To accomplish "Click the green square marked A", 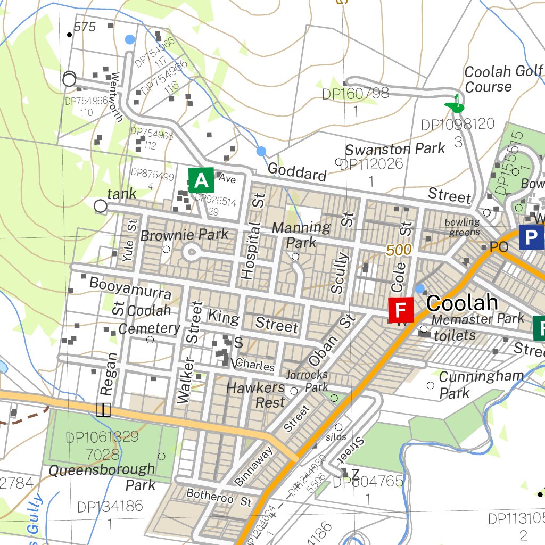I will pos(201,180).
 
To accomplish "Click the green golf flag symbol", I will pos(455,104).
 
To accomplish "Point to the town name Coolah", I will pos(462,303).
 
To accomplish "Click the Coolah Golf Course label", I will pos(502,79).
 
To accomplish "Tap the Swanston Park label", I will pos(394,149).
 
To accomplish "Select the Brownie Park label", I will pos(184,234).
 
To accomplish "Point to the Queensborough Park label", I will pos(102,477).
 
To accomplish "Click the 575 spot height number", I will pos(85,27).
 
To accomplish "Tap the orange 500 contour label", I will pos(399,250).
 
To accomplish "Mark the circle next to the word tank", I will pos(100,206).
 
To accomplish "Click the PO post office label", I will pos(499,247).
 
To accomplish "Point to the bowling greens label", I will pos(463,227).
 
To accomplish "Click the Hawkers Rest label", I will pos(256,395).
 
